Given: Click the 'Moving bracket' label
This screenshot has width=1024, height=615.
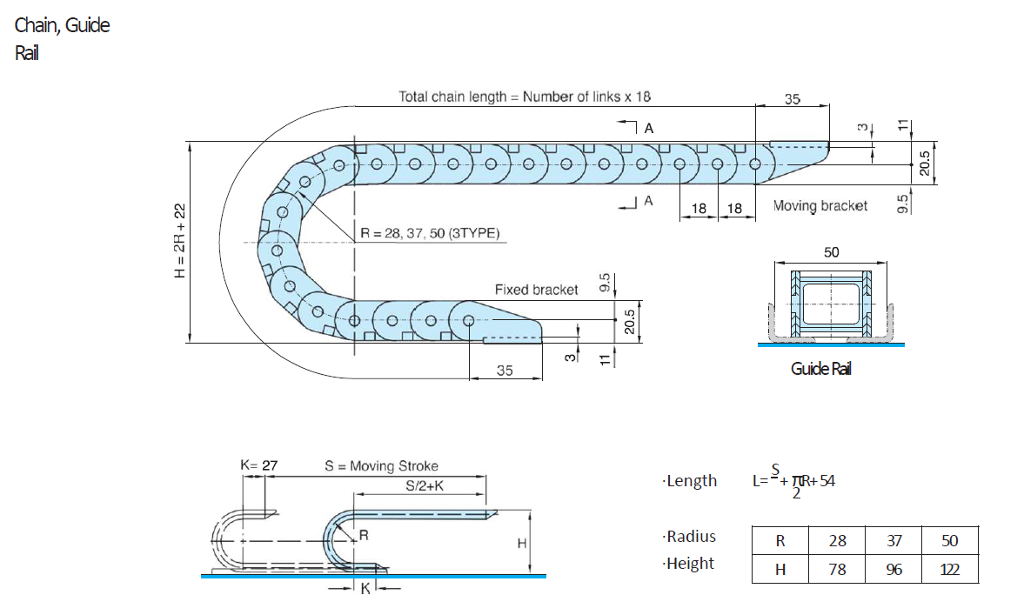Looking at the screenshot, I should (x=820, y=206).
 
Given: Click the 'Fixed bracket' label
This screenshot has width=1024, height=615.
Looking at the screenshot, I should (x=536, y=290).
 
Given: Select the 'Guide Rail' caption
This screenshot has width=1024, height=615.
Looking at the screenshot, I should (x=820, y=369).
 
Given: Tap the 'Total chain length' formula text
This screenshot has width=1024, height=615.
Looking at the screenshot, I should (x=524, y=97).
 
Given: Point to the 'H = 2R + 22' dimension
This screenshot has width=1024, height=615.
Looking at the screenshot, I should (x=180, y=241).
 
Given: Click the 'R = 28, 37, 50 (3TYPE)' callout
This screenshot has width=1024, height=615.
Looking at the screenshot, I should (x=430, y=233).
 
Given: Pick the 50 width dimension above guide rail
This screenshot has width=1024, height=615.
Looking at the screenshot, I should (x=831, y=252).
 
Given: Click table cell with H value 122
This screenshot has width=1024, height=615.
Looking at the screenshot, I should (x=949, y=569).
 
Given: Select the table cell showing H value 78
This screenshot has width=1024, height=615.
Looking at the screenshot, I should (x=837, y=569).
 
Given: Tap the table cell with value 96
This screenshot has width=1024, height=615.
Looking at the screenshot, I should (x=894, y=569).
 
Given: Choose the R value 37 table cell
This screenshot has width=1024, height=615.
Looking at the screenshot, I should (x=894, y=540).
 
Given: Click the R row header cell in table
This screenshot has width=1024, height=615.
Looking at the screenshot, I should (x=780, y=540).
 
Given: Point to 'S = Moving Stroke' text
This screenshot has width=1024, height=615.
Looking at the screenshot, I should (x=381, y=466).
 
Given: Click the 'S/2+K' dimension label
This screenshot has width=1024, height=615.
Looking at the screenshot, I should (x=425, y=485).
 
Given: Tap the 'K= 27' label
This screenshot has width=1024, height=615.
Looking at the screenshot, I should (x=258, y=465).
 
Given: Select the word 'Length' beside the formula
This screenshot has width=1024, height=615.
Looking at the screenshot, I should (x=690, y=481).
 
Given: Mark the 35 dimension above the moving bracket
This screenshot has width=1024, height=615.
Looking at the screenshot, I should (x=792, y=99).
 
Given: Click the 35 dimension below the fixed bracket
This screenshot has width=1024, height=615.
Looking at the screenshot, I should (x=505, y=371).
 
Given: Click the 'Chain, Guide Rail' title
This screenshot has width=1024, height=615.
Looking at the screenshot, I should (x=62, y=38).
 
